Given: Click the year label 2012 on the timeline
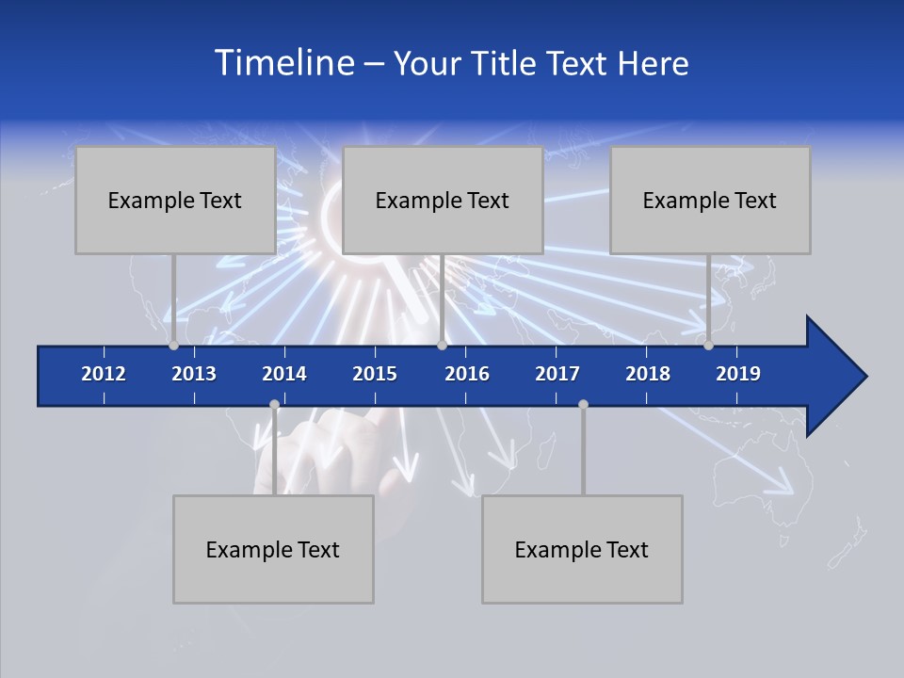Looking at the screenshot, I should click(x=104, y=374).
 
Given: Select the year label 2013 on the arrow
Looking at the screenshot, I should click(x=194, y=374).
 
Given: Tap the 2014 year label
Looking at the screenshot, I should click(x=284, y=374).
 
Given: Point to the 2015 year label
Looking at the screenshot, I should click(x=375, y=374).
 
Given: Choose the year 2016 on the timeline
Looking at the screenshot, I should click(x=467, y=374).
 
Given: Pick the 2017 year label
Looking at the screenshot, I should click(x=557, y=374).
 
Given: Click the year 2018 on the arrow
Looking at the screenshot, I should click(x=648, y=374).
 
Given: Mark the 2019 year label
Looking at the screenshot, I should click(x=738, y=374).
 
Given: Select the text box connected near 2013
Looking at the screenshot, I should click(x=175, y=201).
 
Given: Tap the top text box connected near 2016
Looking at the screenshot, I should click(x=443, y=201).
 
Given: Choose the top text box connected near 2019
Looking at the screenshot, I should click(x=710, y=201).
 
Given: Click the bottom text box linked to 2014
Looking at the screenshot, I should click(x=273, y=550).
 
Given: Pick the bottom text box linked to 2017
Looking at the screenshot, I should click(x=582, y=550).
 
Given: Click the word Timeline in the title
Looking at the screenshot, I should click(x=282, y=63).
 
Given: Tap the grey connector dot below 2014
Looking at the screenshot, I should click(x=274, y=405).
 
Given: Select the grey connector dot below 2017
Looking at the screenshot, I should click(x=583, y=405).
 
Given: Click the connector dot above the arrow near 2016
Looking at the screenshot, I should click(x=442, y=346).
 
